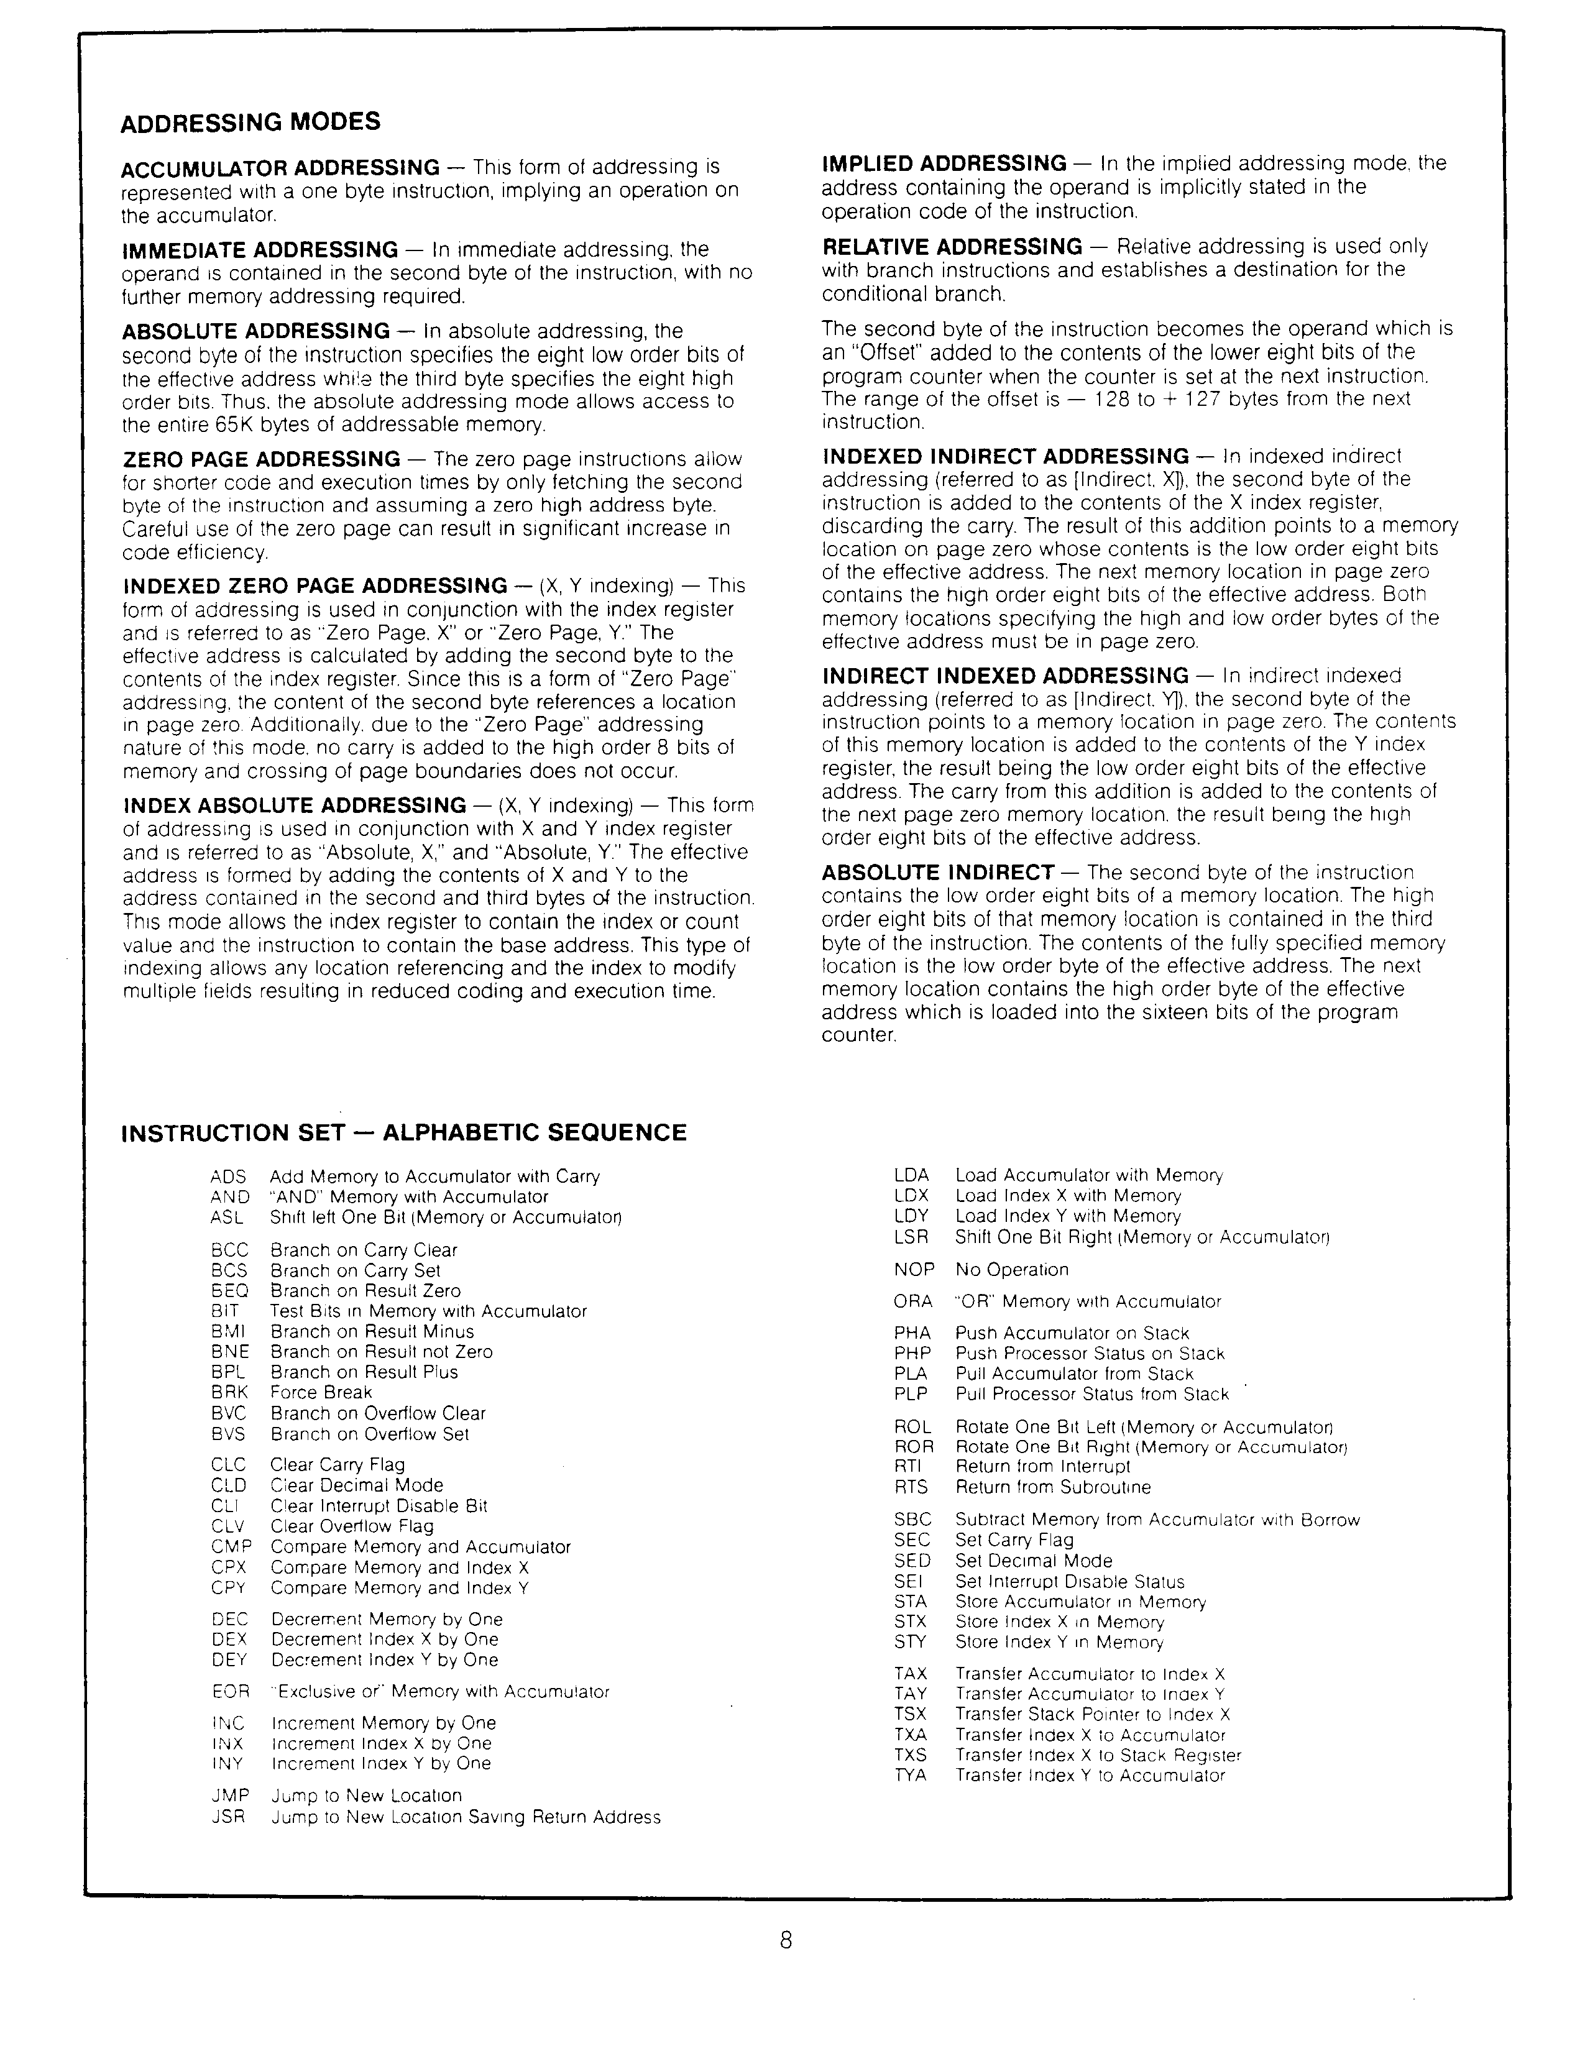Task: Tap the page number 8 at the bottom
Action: tap(786, 1940)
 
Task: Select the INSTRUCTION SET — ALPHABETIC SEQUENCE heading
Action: tap(404, 1132)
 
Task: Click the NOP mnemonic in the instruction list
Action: tap(913, 1269)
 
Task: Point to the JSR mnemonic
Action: tap(229, 1817)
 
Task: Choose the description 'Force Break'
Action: tap(321, 1392)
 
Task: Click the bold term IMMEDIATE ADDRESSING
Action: tap(260, 250)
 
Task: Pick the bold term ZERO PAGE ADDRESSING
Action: tap(262, 459)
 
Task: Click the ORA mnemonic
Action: tap(913, 1301)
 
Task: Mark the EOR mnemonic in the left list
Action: tap(231, 1691)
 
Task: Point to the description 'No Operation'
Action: tap(1012, 1269)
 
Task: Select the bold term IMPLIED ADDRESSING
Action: tap(944, 164)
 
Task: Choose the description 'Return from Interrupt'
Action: tap(1042, 1466)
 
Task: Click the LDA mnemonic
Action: tap(911, 1175)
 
